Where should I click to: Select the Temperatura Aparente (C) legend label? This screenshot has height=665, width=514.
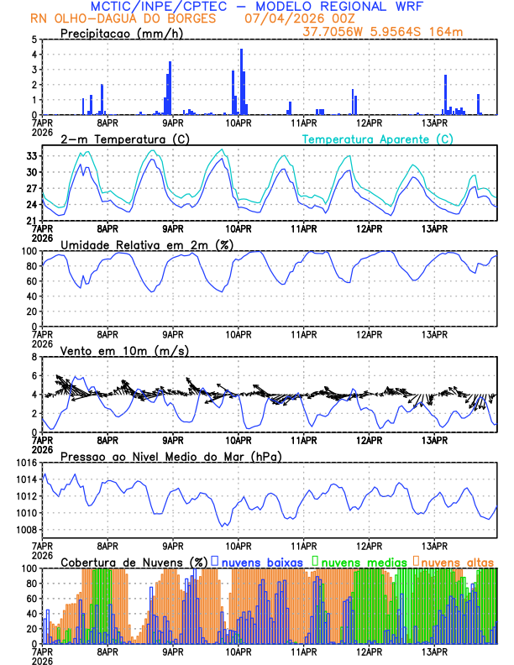point(377,139)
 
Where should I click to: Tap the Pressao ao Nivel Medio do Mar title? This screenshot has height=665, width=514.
point(170,456)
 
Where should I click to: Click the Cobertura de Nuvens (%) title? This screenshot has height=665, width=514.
point(134,562)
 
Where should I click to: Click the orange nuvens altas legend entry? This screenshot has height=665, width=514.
point(457,562)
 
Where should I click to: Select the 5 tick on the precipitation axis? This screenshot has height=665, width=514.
point(34,39)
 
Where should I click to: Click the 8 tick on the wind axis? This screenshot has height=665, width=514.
point(34,357)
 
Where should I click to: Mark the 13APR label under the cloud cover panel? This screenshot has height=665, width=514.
point(434,651)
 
